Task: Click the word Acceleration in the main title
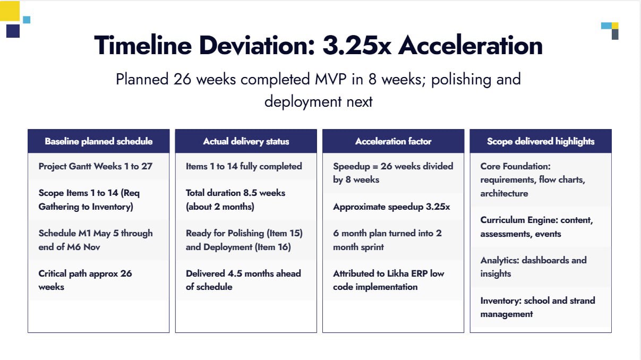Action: [470, 46]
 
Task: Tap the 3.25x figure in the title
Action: [356, 46]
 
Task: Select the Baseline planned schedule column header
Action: [98, 141]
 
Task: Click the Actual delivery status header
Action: [246, 141]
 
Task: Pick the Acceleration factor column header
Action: [393, 141]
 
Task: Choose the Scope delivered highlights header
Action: [541, 141]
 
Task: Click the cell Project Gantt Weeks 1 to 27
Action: [95, 166]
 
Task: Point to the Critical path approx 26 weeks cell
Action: [85, 280]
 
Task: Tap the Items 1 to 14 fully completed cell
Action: [244, 166]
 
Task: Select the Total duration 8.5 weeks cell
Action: [235, 200]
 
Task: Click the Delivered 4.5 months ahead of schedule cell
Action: [243, 280]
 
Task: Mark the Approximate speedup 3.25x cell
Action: [391, 207]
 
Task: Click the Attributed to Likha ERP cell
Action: [389, 280]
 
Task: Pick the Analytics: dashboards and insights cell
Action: [533, 267]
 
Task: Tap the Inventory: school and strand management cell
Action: [537, 307]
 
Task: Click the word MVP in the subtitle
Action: [330, 79]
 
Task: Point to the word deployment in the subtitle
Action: [303, 102]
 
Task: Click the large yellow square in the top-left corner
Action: [10, 11]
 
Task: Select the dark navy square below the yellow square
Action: [13, 31]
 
